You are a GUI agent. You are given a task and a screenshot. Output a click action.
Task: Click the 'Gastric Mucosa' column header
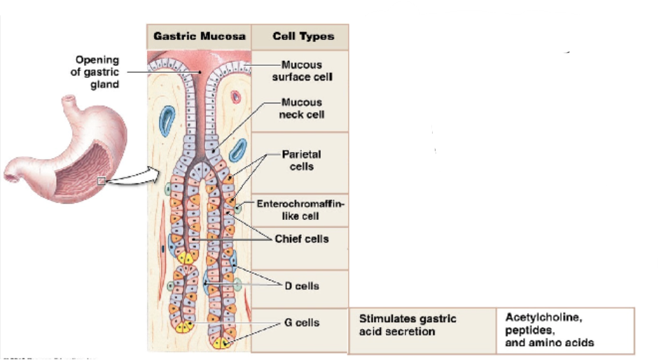(x=200, y=36)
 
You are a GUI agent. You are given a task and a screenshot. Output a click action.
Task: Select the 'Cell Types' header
(x=302, y=36)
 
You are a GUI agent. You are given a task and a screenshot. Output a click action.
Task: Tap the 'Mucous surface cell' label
(x=302, y=71)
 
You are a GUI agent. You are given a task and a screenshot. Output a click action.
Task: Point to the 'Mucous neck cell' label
(x=302, y=108)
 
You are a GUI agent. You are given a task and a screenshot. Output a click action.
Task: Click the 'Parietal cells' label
(x=302, y=160)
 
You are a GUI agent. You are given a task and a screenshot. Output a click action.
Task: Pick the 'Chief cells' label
(x=301, y=239)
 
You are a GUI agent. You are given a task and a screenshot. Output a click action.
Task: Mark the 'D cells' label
(x=302, y=286)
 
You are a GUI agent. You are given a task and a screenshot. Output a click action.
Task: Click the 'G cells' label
(x=302, y=323)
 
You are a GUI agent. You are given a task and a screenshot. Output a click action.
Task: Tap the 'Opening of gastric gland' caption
(x=97, y=72)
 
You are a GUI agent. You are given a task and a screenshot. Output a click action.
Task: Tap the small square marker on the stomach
(x=102, y=181)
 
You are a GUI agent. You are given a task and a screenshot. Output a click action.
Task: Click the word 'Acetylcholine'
(x=543, y=317)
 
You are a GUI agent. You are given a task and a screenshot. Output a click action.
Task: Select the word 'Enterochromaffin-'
(x=301, y=204)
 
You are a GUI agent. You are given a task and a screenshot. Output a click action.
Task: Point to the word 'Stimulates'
(x=386, y=319)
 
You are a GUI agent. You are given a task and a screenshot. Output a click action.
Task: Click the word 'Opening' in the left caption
(x=97, y=60)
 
